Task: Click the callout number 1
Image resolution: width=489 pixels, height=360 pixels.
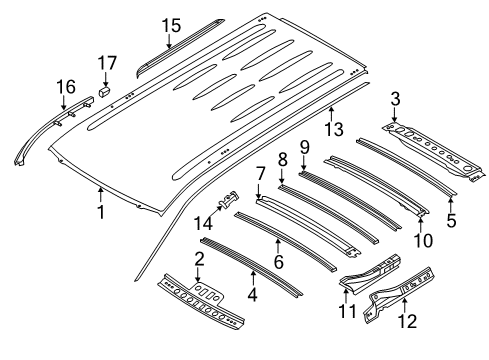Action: point(100,212)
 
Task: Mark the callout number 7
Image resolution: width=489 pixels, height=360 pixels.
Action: point(259,174)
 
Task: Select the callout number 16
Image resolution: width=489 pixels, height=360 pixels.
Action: point(66,87)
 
